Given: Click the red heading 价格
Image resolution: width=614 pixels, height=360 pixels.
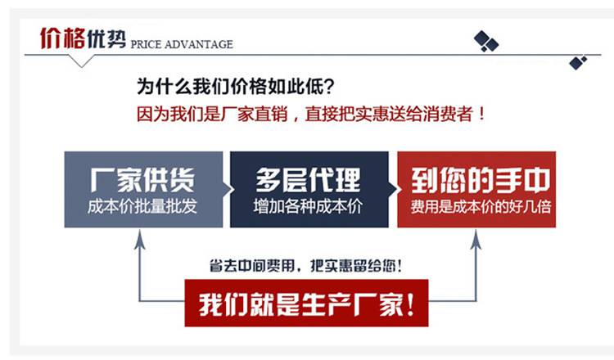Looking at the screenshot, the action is (62, 38).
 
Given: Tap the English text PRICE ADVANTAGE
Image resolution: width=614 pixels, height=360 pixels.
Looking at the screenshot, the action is (182, 44).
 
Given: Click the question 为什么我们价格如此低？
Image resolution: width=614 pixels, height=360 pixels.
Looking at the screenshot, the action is (236, 86).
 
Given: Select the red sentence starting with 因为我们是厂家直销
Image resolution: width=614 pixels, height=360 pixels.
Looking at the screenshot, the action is (311, 114).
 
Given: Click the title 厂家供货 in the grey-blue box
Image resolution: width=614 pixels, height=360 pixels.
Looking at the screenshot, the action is (142, 180).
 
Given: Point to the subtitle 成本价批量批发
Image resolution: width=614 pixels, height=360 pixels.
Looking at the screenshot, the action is (142, 206).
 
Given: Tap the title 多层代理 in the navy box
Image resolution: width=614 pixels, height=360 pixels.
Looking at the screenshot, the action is (308, 180).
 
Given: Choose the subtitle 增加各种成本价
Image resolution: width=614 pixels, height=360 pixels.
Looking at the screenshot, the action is (308, 206).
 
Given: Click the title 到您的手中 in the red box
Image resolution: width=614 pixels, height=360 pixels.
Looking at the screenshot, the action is (481, 180).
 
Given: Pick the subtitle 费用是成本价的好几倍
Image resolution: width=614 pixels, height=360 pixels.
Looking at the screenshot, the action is (481, 206).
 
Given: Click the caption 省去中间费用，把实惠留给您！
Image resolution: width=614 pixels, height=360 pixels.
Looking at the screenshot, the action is (305, 266).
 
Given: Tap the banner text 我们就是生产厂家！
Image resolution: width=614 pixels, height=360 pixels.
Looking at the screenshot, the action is (307, 304).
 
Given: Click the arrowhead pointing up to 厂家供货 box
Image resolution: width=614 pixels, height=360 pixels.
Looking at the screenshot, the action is (139, 239).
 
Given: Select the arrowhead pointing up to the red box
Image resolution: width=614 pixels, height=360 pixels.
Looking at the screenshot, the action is (476, 239).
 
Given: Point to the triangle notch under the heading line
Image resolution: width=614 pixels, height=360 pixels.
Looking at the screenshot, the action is (81, 61).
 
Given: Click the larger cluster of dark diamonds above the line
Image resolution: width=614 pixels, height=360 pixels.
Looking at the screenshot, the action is (486, 41).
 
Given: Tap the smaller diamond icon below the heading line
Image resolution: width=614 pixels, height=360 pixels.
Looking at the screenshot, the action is (578, 63).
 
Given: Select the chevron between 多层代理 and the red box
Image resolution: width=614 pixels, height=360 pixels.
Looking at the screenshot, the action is (394, 190).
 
